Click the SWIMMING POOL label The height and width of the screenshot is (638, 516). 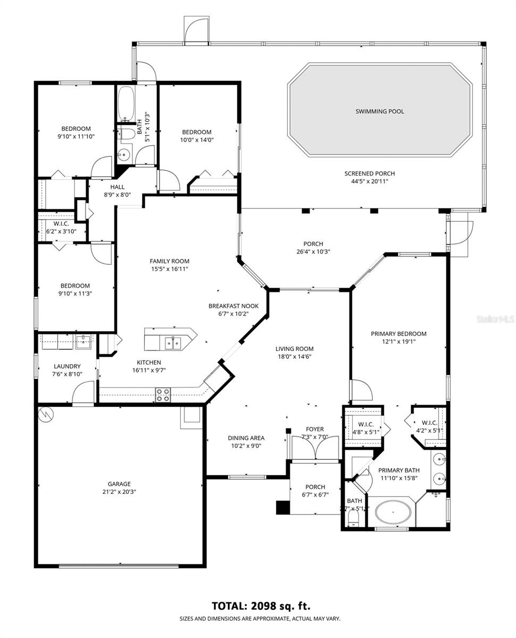379,112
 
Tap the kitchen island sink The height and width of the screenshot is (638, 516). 172,342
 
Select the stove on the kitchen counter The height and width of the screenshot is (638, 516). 163,394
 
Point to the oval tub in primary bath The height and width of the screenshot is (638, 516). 393,513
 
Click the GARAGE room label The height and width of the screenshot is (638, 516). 119,484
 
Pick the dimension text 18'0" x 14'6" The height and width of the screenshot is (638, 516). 293,357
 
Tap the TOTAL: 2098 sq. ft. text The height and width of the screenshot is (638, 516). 261,606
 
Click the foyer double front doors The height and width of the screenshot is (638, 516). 315,448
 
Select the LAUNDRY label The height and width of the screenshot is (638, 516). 67,366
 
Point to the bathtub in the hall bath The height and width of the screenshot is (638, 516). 126,104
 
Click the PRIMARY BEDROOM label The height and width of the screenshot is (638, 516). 398,334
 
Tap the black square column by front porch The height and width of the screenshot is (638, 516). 281,507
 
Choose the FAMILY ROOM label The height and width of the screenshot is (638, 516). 169,261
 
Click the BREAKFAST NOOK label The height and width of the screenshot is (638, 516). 233,306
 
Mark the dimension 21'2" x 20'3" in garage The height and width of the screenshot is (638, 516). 119,492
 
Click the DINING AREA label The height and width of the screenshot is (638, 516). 246,438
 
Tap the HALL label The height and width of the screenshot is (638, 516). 117,187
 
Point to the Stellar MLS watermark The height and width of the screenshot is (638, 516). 495,320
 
